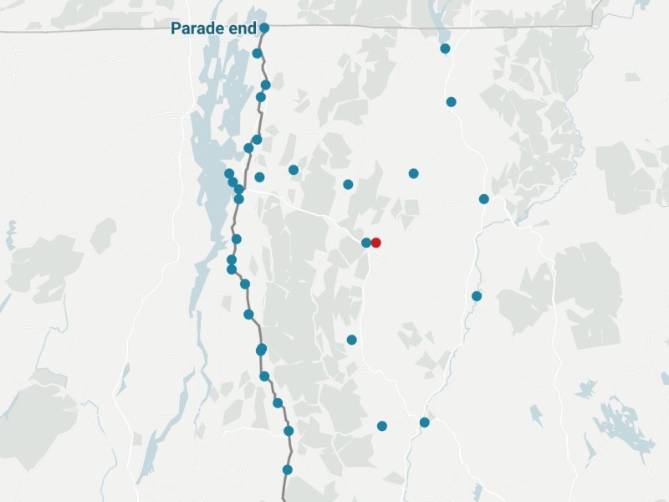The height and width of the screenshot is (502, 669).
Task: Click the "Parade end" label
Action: tap(213, 28)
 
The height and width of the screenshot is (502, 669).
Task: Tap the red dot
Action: tap(376, 243)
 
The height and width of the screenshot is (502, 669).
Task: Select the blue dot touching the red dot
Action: tap(366, 243)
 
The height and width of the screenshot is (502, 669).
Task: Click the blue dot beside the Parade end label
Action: tap(264, 28)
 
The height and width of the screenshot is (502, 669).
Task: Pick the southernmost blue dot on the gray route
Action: tap(288, 469)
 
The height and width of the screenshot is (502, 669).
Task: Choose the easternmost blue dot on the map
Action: tap(484, 199)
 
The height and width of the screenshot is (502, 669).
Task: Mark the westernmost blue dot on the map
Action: tap(229, 173)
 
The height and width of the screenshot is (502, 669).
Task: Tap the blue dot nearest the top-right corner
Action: tap(446, 49)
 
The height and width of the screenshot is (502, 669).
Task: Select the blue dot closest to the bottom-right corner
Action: tap(425, 423)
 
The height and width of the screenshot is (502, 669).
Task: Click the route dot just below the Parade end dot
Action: tap(258, 54)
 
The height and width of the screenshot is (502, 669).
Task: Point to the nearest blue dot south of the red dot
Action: tap(352, 340)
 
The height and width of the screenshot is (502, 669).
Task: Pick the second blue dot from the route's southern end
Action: tap(289, 431)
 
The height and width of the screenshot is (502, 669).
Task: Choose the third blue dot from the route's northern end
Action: tap(266, 85)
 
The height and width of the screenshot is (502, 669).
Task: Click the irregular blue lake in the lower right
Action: tap(623, 427)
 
